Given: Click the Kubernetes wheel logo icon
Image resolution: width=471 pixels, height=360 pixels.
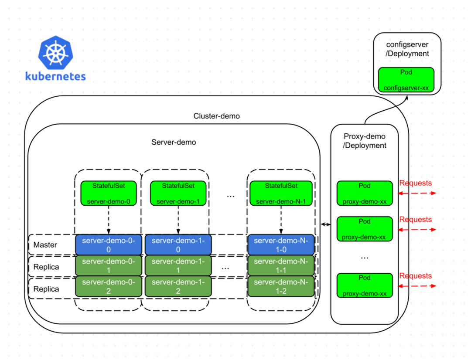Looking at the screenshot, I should (56, 54).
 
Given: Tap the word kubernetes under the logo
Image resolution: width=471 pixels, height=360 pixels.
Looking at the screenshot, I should (55, 76).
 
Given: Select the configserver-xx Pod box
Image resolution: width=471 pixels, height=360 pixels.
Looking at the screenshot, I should (406, 80).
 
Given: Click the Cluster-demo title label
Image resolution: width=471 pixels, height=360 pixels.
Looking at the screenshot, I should (216, 116).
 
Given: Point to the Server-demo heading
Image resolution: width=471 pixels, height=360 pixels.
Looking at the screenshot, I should (174, 142).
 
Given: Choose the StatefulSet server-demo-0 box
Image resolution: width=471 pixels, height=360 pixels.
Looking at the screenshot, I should (109, 193).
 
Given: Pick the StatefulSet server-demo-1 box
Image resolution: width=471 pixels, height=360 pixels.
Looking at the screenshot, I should (178, 193).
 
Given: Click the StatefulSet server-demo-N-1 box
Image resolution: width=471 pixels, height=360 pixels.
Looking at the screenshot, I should (280, 193).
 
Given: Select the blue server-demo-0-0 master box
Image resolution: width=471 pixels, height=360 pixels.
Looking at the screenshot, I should (109, 245).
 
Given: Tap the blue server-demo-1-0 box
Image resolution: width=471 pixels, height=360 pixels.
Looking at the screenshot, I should (178, 245).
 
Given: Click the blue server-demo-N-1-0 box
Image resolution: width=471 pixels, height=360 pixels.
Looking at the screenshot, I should (281, 245).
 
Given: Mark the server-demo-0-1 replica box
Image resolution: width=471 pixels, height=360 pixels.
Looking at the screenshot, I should (109, 265).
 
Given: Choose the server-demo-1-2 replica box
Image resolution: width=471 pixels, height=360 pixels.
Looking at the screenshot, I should (178, 286).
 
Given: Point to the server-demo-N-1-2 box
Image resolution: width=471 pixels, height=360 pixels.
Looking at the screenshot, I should (281, 286).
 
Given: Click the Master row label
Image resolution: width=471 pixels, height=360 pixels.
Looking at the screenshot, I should (45, 245).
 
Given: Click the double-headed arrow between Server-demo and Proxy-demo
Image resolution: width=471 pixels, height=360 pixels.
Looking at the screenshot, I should (325, 224).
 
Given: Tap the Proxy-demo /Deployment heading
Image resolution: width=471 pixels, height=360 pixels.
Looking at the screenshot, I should (365, 141).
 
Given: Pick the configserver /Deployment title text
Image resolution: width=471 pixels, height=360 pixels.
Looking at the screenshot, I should (407, 49).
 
